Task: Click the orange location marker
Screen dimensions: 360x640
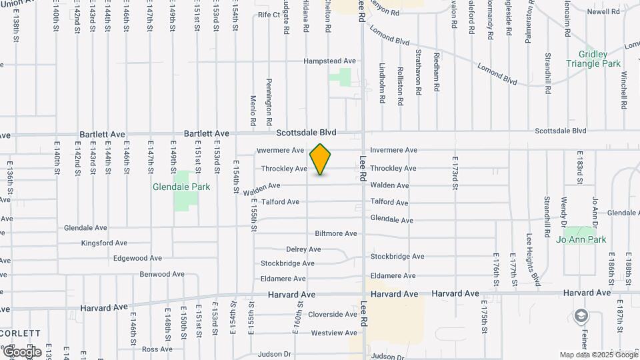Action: [321, 159]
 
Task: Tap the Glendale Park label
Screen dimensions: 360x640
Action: [181, 187]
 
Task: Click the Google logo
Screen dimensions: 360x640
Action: [22, 351]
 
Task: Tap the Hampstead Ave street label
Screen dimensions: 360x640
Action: [329, 61]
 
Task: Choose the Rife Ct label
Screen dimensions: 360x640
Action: [269, 14]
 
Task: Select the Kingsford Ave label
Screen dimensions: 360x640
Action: [103, 243]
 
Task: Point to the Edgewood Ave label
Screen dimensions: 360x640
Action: [137, 258]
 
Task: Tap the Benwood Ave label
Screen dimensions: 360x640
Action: [162, 274]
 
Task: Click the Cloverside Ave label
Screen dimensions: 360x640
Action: [333, 314]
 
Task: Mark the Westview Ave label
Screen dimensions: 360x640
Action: [334, 333]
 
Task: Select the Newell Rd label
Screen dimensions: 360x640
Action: [604, 12]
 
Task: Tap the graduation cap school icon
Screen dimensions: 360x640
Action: [582, 315]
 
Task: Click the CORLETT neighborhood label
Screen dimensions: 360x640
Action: [21, 333]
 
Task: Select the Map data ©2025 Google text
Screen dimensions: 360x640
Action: [598, 355]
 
